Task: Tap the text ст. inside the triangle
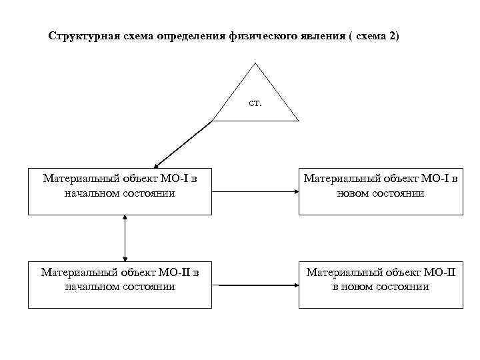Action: pyautogui.click(x=255, y=104)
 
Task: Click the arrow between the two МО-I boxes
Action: pyautogui.click(x=255, y=191)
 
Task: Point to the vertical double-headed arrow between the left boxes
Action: pyautogui.click(x=125, y=237)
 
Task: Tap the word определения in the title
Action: pyautogui.click(x=187, y=35)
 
